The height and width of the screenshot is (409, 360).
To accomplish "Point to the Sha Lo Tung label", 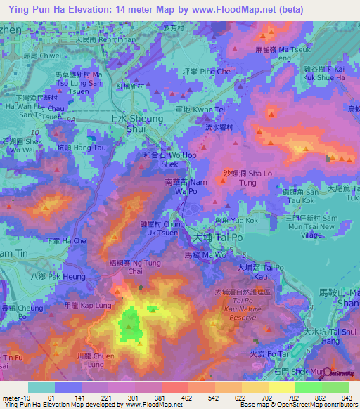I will (247, 176).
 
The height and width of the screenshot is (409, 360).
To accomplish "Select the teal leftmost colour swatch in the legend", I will (41, 387).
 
